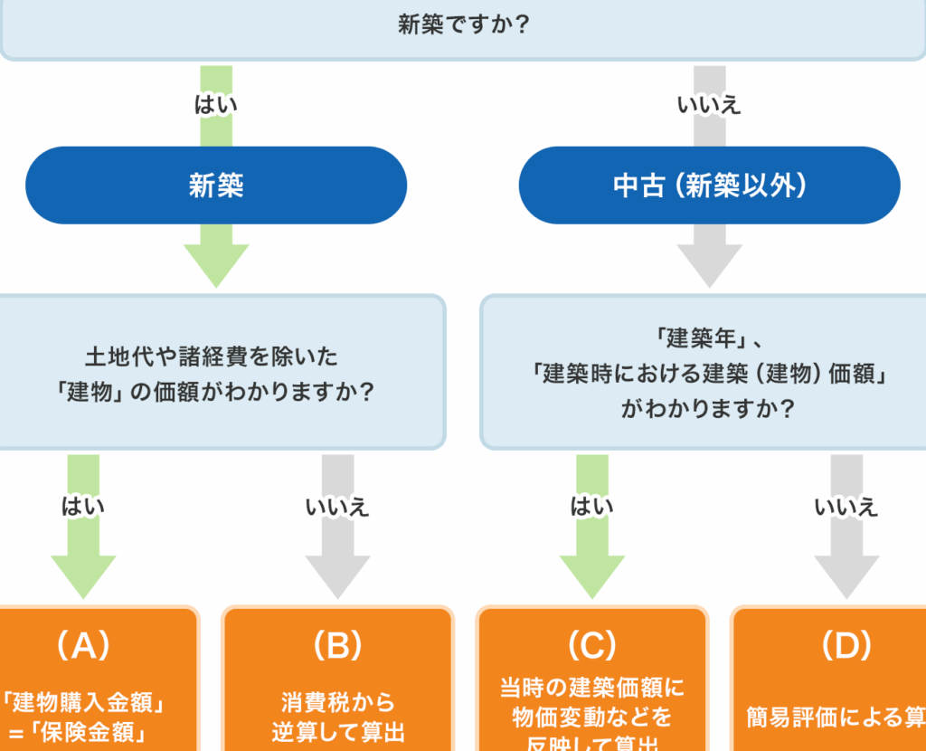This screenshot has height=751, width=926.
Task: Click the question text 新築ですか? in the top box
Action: click(463, 24)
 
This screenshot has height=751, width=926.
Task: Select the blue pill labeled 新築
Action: click(216, 185)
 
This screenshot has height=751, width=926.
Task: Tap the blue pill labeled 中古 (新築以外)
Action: click(709, 185)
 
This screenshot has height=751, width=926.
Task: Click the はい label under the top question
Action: click(216, 104)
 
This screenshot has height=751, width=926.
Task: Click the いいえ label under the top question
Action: click(709, 104)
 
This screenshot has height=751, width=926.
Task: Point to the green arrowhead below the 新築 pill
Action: click(216, 264)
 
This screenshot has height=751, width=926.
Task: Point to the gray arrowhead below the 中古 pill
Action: click(709, 264)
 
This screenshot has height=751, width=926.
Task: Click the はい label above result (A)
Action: click(83, 506)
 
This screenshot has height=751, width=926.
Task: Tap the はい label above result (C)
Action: click(592, 506)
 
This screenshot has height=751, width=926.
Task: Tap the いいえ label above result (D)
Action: click(846, 506)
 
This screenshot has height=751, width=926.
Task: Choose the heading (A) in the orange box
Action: click(83, 645)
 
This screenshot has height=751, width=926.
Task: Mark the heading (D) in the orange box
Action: click(846, 645)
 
